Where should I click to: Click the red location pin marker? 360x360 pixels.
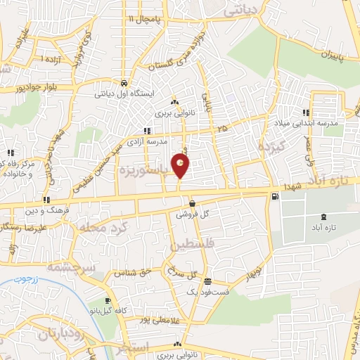coord(181,167)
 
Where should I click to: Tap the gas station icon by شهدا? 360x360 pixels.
coord(274,196)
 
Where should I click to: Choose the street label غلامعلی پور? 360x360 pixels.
coord(150,320)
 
